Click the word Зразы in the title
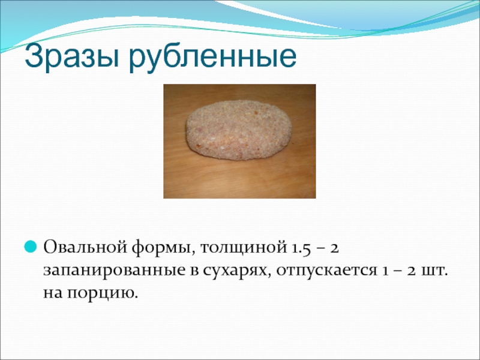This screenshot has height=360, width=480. (72, 57)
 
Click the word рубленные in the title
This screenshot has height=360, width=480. (213, 57)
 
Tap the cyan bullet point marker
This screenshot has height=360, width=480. (31, 247)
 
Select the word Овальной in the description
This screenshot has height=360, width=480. (85, 247)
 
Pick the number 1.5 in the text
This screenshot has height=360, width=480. (299, 248)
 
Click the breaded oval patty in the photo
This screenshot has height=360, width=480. (239, 130)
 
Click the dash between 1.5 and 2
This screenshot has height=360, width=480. (320, 249)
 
